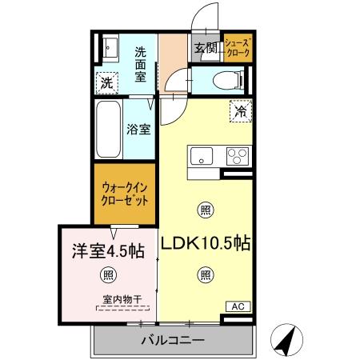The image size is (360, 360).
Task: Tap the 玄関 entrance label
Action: coord(206,48)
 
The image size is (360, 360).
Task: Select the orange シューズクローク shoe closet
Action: coord(238,48)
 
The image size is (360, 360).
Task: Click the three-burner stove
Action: coord(237,155)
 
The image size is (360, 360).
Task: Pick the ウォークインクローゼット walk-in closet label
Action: coord(124,195)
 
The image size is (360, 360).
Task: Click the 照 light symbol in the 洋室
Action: coord(108,276)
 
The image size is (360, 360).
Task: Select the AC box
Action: coord(238,306)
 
